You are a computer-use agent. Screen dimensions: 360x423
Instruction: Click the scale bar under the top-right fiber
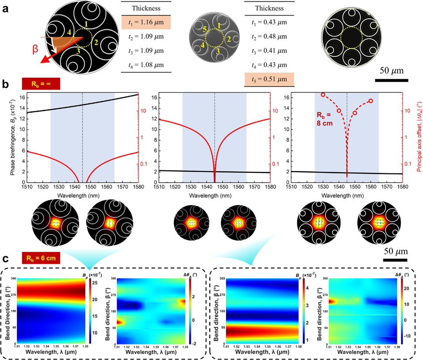391,80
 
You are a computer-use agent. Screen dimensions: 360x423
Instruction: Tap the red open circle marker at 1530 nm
323,94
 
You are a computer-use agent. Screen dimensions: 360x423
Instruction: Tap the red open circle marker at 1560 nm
371,101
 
